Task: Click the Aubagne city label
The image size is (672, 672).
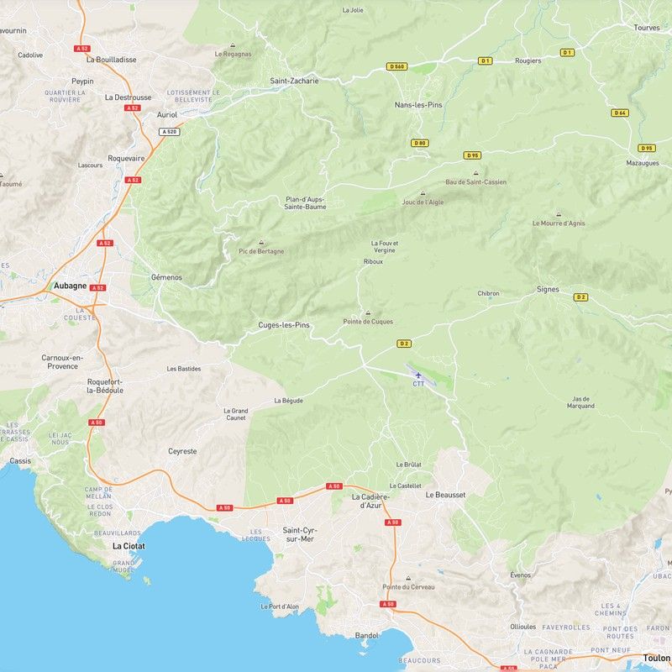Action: tap(70, 286)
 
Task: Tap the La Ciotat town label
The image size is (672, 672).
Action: tap(129, 545)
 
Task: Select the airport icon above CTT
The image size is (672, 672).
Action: tap(418, 375)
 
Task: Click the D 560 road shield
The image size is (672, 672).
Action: tap(396, 66)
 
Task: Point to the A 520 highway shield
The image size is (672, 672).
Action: tap(169, 131)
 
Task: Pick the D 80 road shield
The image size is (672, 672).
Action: tap(420, 143)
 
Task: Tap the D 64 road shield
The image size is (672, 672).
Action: tap(620, 113)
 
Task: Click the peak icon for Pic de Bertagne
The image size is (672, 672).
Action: tap(261, 242)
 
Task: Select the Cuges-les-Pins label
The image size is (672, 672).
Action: tap(284, 325)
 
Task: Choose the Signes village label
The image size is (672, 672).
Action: tap(548, 289)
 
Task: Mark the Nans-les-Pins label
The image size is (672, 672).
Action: tap(418, 105)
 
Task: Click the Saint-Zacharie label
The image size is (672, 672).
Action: tap(294, 81)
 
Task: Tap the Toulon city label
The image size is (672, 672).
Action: tap(656, 659)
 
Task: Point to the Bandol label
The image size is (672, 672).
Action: tap(367, 635)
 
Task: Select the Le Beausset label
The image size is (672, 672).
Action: tap(445, 495)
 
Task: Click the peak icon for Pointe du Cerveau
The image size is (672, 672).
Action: tap(409, 578)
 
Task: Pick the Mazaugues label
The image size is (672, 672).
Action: tap(643, 162)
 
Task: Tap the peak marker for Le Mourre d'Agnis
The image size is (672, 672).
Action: tap(559, 214)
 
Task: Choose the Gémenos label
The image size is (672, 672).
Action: tap(166, 277)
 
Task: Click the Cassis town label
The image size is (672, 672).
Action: tap(20, 461)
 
